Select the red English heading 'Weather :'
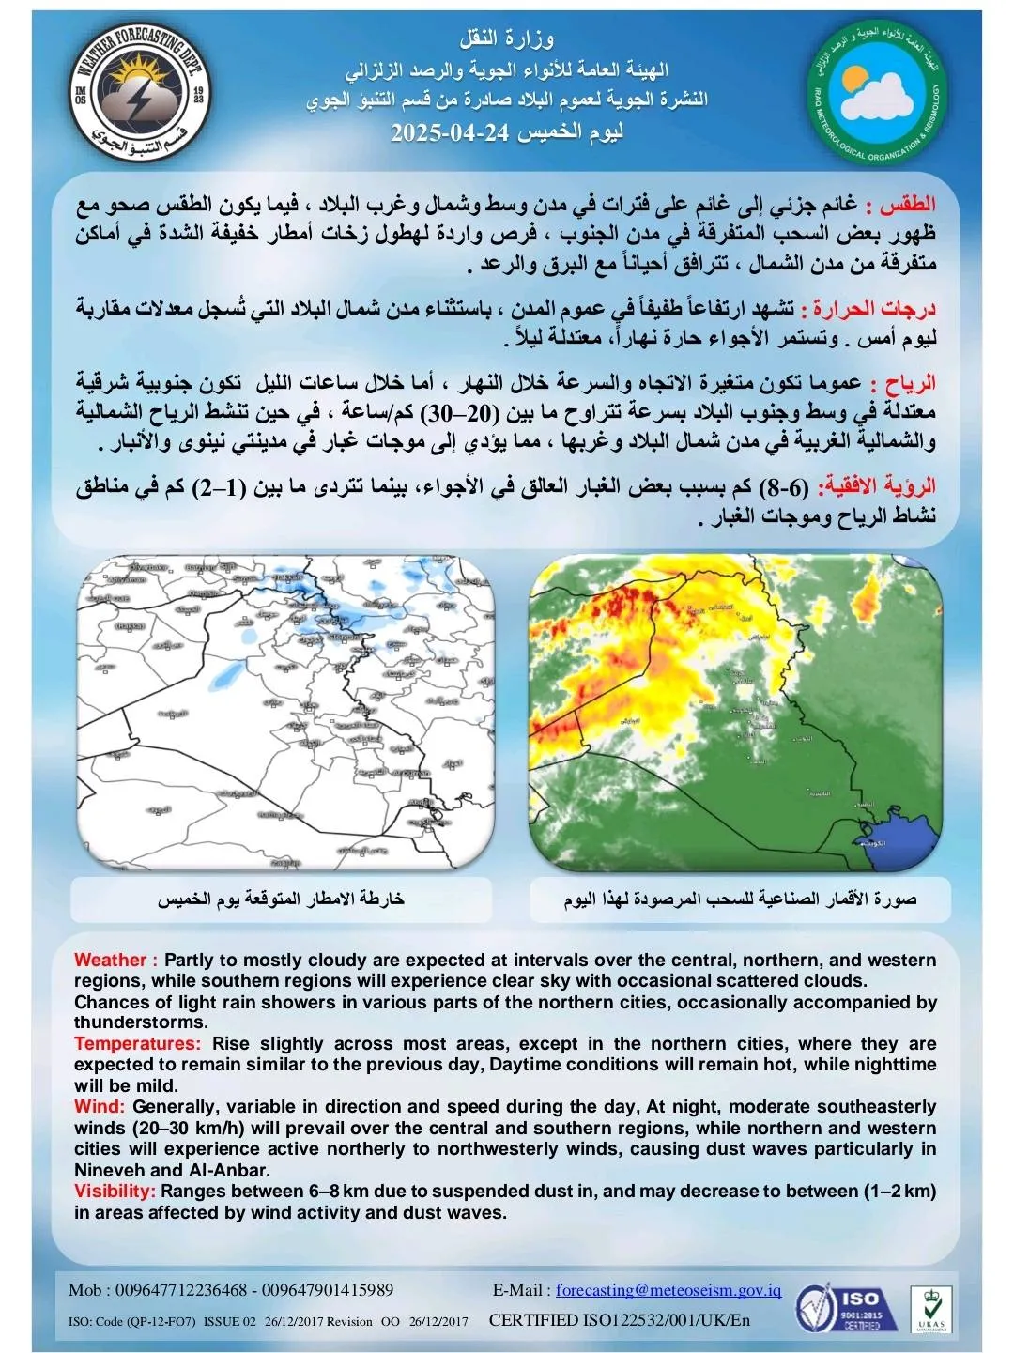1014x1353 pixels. click(x=115, y=960)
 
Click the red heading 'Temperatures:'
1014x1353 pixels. click(x=137, y=1043)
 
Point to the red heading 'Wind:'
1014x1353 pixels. click(x=100, y=1106)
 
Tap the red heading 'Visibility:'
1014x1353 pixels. click(x=115, y=1191)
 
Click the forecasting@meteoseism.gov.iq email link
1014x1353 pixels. click(x=668, y=1290)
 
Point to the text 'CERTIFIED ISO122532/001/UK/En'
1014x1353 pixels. click(x=620, y=1320)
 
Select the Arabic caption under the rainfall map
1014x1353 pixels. click(x=281, y=899)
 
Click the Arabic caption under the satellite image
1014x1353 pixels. click(x=740, y=899)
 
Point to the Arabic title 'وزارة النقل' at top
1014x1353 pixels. click(x=506, y=40)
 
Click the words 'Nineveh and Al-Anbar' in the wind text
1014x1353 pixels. click(x=172, y=1170)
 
